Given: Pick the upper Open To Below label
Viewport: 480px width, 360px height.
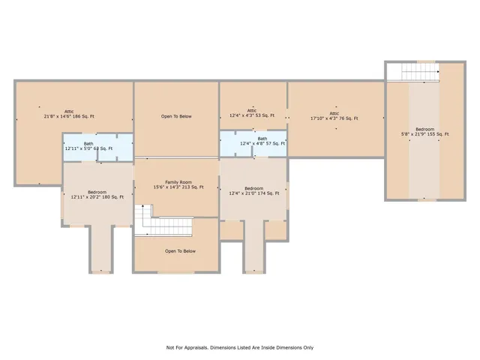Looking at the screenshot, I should point(176,116).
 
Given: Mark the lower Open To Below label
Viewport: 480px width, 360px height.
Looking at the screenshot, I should point(180,251).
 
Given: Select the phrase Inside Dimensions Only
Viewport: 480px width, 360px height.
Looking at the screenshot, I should point(289,347).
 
